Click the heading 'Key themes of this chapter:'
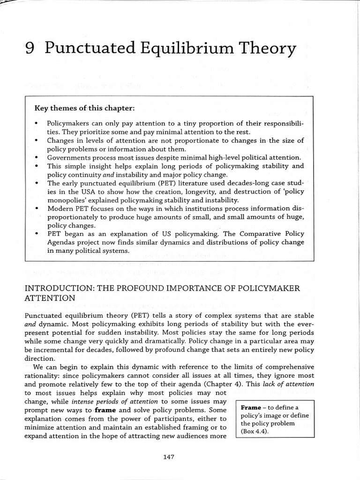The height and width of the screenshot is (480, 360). tap(85, 108)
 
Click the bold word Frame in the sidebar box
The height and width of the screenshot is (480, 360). tap(251, 407)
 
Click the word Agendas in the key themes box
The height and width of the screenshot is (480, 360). tap(62, 242)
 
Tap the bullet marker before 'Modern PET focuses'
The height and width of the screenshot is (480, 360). tap(37, 208)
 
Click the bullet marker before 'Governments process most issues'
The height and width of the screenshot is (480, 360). tap(37, 157)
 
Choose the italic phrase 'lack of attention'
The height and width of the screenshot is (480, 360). tap(288, 384)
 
